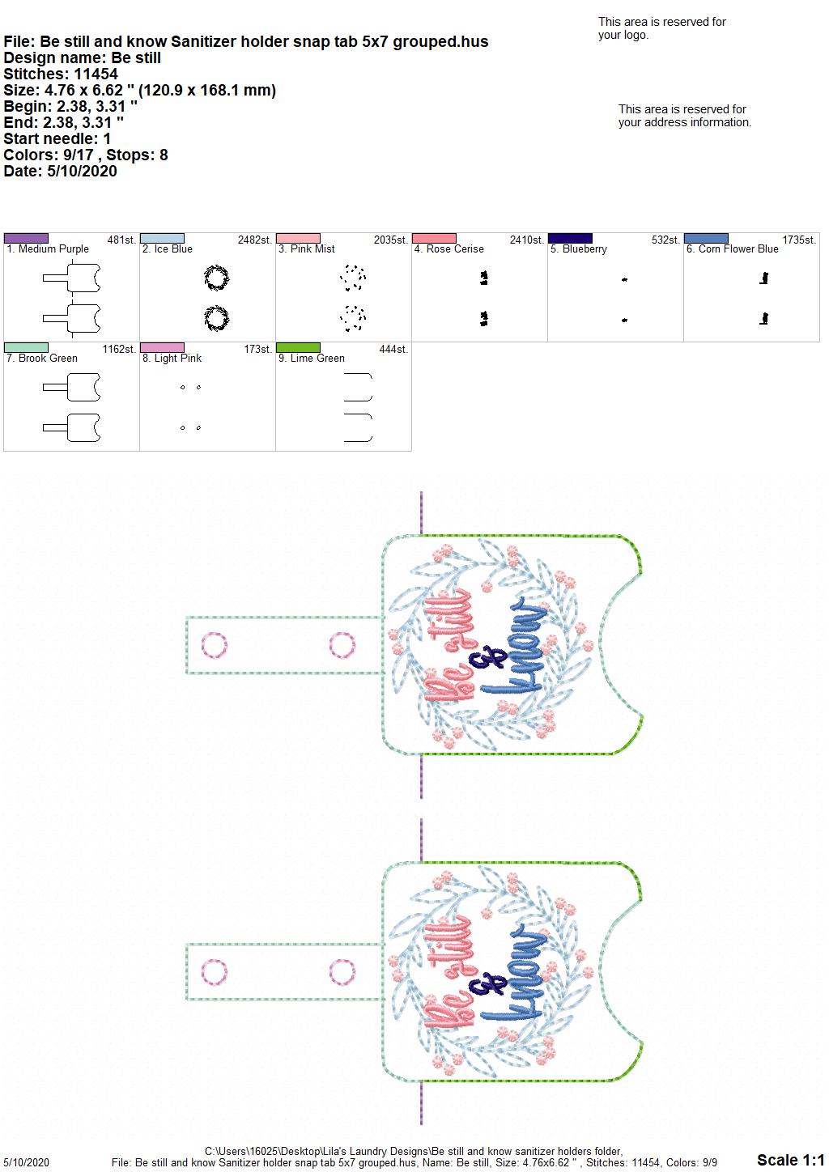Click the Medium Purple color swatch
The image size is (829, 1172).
[x=26, y=238]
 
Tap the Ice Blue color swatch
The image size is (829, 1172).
[x=162, y=238]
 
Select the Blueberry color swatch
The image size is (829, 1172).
[x=570, y=238]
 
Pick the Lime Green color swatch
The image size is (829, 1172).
[x=298, y=347]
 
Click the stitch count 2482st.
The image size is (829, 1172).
[x=255, y=240]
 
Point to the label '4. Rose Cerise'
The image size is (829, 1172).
[x=449, y=249]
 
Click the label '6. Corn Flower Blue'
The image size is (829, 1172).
[x=732, y=249]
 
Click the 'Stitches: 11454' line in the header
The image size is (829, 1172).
[x=61, y=74]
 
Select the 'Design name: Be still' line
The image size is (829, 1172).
[x=82, y=57]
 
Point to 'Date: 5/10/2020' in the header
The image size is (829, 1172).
[x=60, y=171]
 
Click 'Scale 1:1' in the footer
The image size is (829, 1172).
[x=791, y=1159]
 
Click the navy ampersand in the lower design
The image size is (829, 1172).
[x=488, y=985]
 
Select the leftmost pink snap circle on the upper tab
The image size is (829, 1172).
[x=215, y=645]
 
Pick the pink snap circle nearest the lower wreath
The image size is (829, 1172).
[x=342, y=972]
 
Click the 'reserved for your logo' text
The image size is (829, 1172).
[x=662, y=28]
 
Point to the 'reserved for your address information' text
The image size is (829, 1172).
[x=685, y=116]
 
